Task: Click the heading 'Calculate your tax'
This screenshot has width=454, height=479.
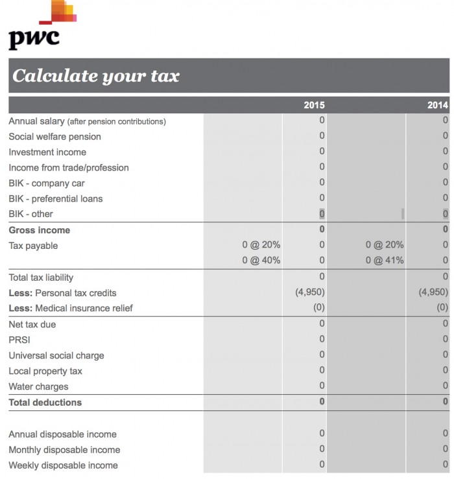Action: [x=96, y=76]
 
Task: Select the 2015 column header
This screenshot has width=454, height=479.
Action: [x=314, y=105]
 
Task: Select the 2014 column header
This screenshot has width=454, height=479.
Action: [x=437, y=105]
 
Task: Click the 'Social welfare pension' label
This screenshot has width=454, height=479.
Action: [x=54, y=137]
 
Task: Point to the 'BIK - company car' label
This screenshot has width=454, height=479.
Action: [x=47, y=183]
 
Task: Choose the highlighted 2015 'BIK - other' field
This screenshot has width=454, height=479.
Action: [x=321, y=214]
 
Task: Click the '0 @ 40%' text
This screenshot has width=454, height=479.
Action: [x=261, y=261]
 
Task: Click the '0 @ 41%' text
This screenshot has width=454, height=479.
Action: [x=384, y=261]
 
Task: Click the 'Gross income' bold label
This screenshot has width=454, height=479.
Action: [x=39, y=230]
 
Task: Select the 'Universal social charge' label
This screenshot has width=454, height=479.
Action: [x=56, y=356]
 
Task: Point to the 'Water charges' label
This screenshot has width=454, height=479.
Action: [x=38, y=387]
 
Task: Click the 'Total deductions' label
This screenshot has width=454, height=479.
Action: [x=45, y=403]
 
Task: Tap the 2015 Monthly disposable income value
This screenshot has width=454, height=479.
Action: [x=321, y=449]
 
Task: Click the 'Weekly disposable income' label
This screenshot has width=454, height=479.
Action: [x=63, y=465]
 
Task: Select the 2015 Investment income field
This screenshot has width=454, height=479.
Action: [x=321, y=152]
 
